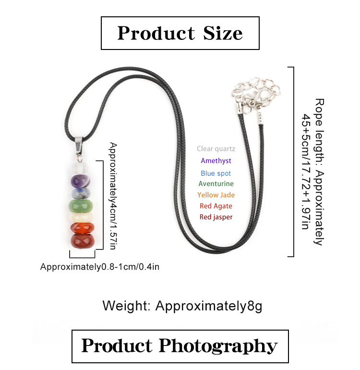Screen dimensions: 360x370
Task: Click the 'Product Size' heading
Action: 180,33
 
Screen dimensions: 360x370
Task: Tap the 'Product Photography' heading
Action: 180,346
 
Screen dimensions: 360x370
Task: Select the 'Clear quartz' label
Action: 216,148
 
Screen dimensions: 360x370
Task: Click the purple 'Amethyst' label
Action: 216,160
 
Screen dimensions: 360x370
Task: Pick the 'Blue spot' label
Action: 216,173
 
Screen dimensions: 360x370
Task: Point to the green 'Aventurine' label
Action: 216,184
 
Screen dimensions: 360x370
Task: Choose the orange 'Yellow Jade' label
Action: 216,195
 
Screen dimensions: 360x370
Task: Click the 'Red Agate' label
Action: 216,206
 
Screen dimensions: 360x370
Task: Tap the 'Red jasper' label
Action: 216,217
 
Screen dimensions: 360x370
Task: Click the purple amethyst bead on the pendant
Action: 80,181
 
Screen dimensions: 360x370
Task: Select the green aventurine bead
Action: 81,206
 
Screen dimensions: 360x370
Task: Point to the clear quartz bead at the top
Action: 79,168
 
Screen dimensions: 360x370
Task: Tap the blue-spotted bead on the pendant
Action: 81,194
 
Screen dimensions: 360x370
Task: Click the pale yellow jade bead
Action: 81,218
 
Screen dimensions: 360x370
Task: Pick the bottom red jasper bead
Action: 83,241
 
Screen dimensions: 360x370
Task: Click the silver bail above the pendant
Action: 79,146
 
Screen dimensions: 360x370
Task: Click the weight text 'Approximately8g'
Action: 208,306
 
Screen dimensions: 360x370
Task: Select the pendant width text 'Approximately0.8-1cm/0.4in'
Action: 100,267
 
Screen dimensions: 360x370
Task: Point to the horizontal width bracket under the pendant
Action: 82,257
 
